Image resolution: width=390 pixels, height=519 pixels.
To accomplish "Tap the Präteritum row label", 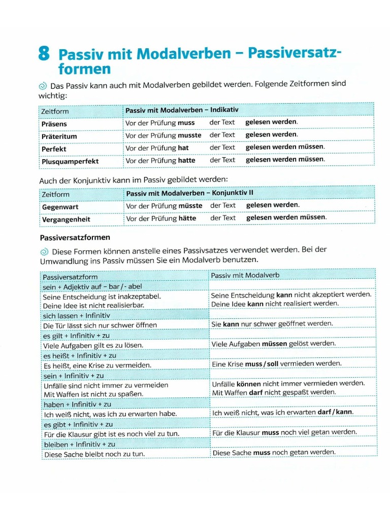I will click(59, 136).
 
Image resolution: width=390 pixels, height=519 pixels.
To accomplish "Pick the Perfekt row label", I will click(54, 149).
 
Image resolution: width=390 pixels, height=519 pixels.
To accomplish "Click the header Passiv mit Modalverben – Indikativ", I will click(182, 109).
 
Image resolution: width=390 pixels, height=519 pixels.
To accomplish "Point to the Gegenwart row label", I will click(60, 207).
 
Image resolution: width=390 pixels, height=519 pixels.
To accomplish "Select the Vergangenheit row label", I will click(66, 219).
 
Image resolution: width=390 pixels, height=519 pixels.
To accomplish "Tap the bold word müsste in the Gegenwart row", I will click(190, 206).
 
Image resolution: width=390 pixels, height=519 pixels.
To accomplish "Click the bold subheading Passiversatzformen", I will click(75, 237).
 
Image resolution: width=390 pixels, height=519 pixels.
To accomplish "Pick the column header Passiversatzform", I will click(70, 277).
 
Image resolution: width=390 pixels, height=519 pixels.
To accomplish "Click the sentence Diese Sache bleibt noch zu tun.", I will click(94, 454).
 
